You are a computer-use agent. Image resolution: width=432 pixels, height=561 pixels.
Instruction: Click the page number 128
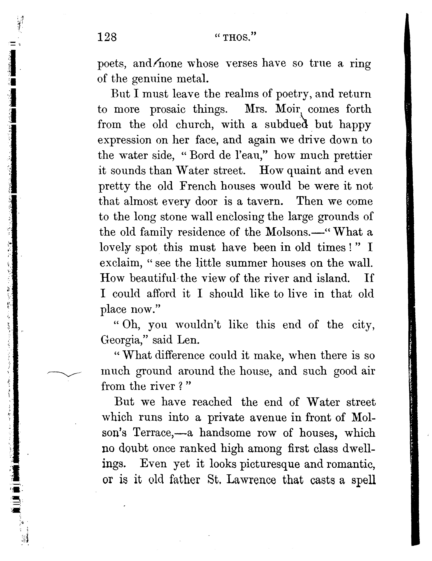107,37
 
